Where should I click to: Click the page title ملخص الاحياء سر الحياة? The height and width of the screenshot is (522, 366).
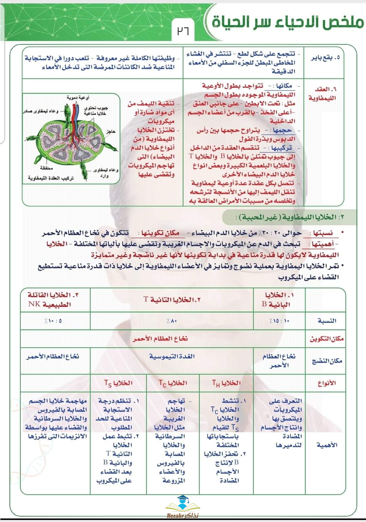pos(287,22)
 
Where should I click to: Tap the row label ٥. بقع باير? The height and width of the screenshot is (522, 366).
pos(325,58)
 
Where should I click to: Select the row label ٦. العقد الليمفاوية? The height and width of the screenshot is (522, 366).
pos(322,93)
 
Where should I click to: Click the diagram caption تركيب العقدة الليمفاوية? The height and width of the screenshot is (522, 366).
pos(51,178)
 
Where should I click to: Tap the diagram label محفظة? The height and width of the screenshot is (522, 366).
pos(46,168)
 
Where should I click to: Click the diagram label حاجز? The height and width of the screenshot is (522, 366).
pos(111,131)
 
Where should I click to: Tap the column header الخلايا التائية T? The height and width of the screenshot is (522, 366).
pos(172,299)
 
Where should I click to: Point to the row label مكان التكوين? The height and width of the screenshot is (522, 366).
pos(326,338)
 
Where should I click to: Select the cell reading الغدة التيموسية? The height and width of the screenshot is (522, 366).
pos(172,356)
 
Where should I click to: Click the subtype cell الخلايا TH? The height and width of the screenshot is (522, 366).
pos(226,383)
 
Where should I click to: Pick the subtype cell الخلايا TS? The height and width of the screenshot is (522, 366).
pos(118,383)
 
